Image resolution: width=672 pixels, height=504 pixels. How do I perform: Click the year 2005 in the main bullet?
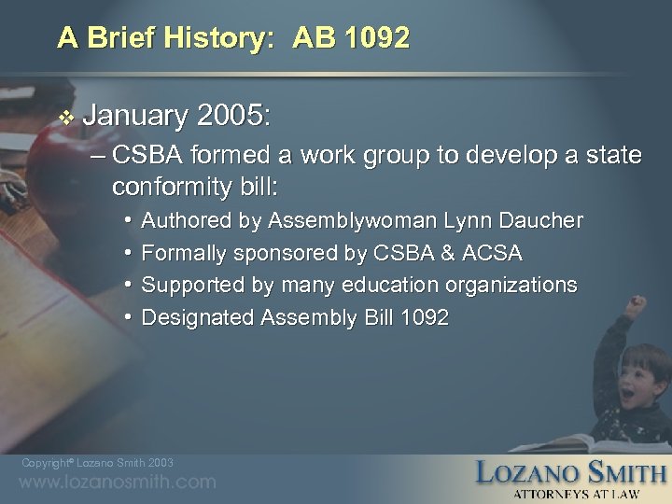(233, 116)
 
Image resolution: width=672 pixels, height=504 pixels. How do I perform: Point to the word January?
(135, 116)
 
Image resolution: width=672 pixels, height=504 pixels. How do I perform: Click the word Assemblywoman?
(337, 221)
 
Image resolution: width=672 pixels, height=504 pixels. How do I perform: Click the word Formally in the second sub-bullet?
(183, 253)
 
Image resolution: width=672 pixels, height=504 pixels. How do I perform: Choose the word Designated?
(197, 317)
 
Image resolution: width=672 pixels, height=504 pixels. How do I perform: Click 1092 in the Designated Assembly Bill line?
(424, 317)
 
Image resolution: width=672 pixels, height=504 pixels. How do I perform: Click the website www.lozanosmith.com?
(119, 483)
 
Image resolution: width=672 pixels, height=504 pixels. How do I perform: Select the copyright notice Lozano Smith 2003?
(98, 463)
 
